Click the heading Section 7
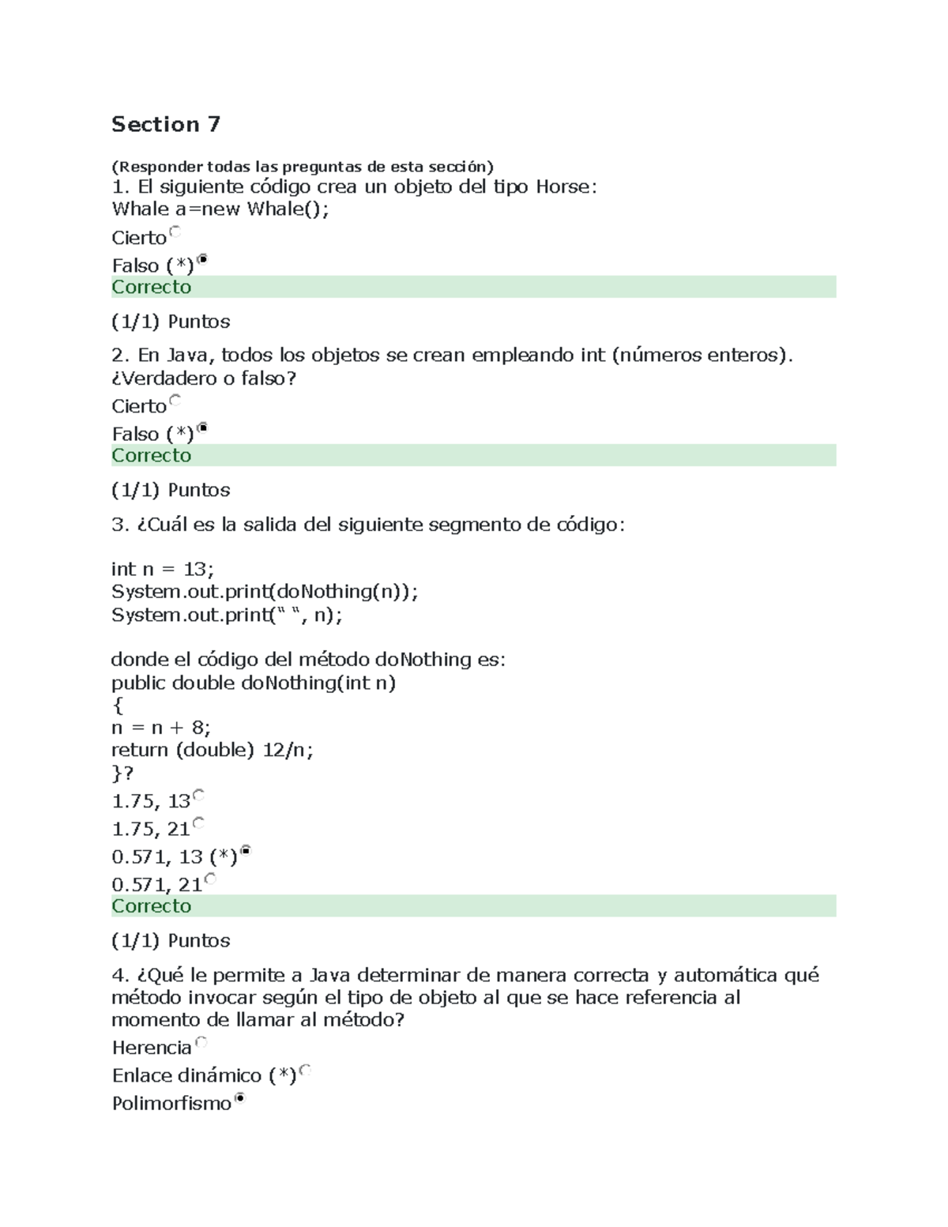click(166, 124)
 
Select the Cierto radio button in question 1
click(175, 231)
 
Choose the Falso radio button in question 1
click(202, 259)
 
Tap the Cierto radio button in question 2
click(175, 400)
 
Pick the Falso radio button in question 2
click(202, 427)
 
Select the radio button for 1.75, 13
click(198, 795)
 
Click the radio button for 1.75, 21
click(198, 822)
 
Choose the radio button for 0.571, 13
click(246, 850)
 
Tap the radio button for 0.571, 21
click(210, 878)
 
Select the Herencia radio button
click(200, 1041)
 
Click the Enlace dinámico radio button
click(305, 1069)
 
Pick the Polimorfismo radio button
click(240, 1097)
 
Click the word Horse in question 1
click(562, 186)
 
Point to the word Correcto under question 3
click(152, 905)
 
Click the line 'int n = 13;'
click(163, 569)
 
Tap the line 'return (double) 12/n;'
click(213, 750)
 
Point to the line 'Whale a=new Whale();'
click(220, 209)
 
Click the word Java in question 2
click(184, 355)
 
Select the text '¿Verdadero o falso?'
click(204, 378)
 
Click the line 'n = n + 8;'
click(161, 727)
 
